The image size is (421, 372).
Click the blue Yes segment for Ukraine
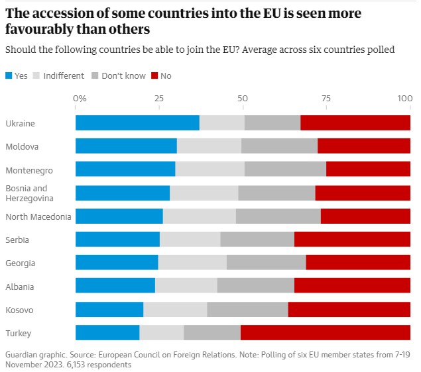pyautogui.click(x=137, y=123)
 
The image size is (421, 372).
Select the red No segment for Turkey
pyautogui.click(x=326, y=333)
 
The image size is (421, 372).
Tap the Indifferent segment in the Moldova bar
pyautogui.click(x=209, y=146)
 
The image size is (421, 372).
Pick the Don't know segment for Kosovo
pyautogui.click(x=247, y=310)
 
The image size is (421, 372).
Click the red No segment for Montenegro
pyautogui.click(x=368, y=169)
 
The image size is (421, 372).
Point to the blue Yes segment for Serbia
pyautogui.click(x=117, y=240)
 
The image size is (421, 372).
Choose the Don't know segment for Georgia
pyautogui.click(x=266, y=263)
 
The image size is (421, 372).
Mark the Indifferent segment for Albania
pyautogui.click(x=186, y=287)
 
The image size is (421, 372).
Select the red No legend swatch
pyautogui.click(x=155, y=76)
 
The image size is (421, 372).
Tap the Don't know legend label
pyautogui.click(x=124, y=76)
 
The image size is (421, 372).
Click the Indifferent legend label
pyautogui.click(x=64, y=76)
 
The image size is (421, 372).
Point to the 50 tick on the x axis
pyautogui.click(x=243, y=98)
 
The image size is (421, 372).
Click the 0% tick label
pyautogui.click(x=80, y=98)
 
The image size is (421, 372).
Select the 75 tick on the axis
pyautogui.click(x=326, y=98)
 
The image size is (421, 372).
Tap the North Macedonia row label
pyautogui.click(x=38, y=216)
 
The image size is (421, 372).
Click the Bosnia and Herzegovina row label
pyautogui.click(x=27, y=193)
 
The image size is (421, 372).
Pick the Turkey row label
pyautogui.click(x=18, y=333)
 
